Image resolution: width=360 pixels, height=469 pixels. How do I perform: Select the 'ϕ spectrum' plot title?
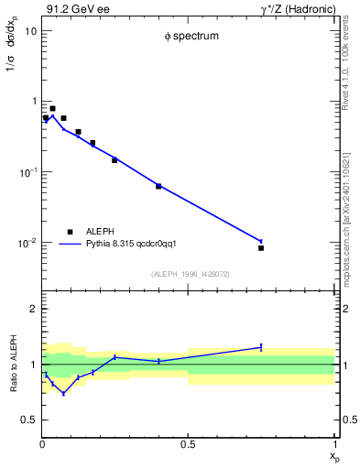pos(188,38)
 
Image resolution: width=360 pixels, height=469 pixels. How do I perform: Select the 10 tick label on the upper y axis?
pos(29,30)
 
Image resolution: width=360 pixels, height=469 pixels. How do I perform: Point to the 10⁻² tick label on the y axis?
pos(27,243)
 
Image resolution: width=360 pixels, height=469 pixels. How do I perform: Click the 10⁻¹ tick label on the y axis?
pos(27,172)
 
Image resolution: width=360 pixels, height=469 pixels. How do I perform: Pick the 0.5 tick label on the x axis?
pos(188,445)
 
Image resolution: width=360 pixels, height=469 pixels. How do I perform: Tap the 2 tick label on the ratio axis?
pos(33,309)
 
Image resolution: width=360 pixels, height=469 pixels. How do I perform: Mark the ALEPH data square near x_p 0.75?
pos(261,248)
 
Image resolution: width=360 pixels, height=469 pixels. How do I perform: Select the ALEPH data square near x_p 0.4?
pos(158,186)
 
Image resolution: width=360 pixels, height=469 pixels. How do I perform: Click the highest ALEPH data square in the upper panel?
pos(52,108)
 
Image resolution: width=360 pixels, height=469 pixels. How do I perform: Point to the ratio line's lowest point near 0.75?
pos(63,393)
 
